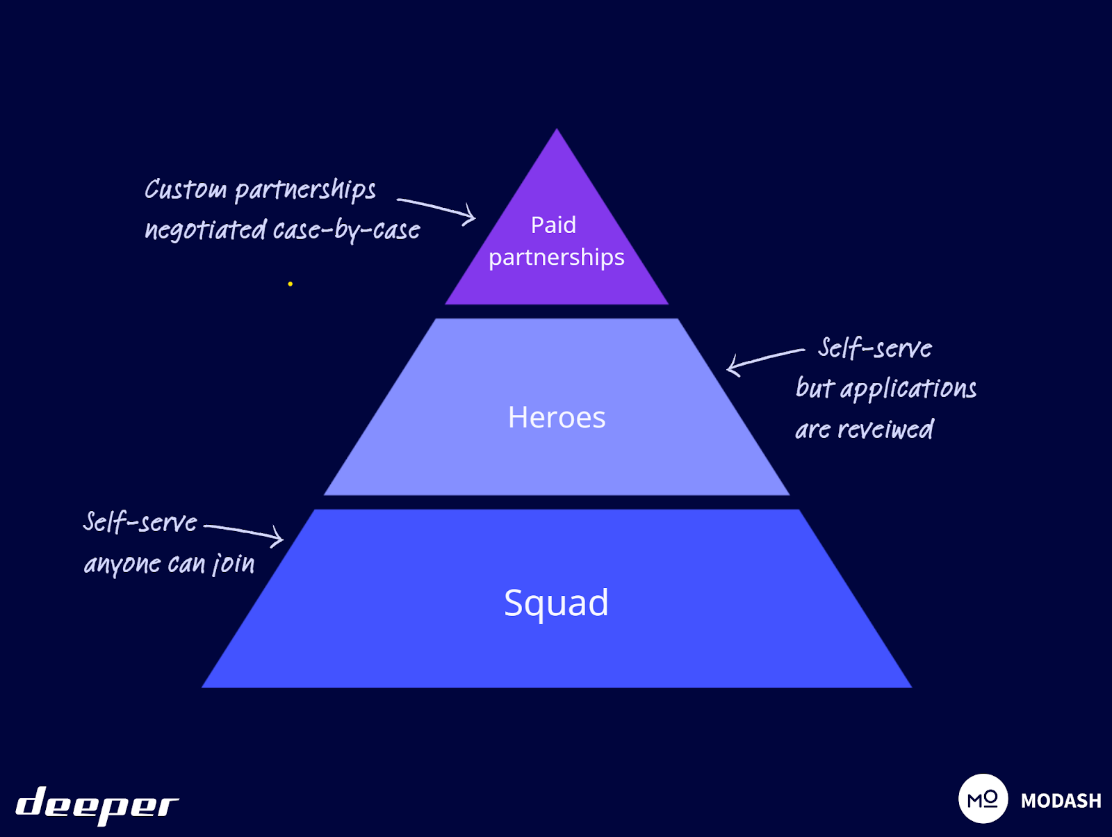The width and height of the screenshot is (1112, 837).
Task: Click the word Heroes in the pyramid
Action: pyautogui.click(x=557, y=417)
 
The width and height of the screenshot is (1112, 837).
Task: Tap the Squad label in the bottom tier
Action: pyautogui.click(x=556, y=602)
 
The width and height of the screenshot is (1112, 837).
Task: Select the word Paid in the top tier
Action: pyautogui.click(x=553, y=225)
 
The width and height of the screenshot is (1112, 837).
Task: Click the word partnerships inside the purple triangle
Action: pyautogui.click(x=556, y=257)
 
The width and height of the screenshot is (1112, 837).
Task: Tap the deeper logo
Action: pyautogui.click(x=97, y=805)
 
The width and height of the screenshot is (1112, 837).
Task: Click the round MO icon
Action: pyautogui.click(x=983, y=799)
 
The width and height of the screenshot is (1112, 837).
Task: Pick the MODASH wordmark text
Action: pyautogui.click(x=1061, y=801)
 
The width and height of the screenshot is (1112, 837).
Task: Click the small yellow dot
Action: pyautogui.click(x=290, y=284)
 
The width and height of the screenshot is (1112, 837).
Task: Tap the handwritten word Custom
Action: pyautogui.click(x=186, y=189)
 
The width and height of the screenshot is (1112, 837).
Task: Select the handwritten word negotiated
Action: pyautogui.click(x=206, y=230)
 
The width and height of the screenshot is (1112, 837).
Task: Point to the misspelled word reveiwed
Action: pyautogui.click(x=885, y=430)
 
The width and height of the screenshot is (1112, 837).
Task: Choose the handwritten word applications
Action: pyautogui.click(x=908, y=389)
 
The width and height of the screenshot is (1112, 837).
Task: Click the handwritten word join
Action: pyautogui.click(x=234, y=564)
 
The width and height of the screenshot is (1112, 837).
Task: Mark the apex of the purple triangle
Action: pyautogui.click(x=557, y=131)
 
